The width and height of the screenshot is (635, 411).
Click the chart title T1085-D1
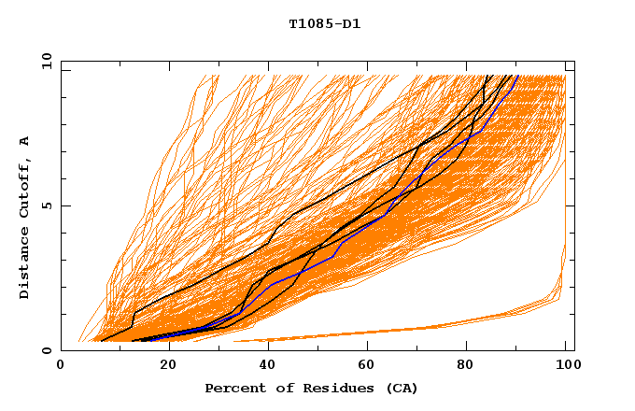point(324,24)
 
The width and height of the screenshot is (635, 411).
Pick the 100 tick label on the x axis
point(566,365)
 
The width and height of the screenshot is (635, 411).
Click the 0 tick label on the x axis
point(62,365)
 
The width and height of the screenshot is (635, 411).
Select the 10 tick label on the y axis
point(44,62)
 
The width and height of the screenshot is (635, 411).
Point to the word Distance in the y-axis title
point(24,262)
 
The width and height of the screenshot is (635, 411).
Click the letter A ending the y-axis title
point(24,141)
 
